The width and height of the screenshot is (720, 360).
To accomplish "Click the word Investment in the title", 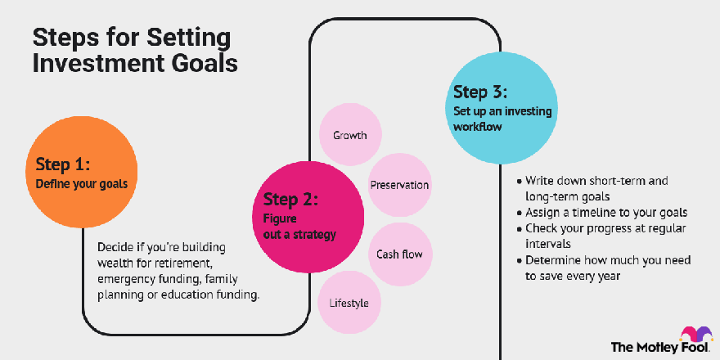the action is (96, 64).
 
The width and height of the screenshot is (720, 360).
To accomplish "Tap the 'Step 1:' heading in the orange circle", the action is (62, 164).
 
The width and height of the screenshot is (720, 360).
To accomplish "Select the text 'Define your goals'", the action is (81, 184).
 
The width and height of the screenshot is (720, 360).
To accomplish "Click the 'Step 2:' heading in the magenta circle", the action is (290, 200).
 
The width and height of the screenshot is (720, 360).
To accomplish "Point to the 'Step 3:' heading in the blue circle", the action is (480, 92).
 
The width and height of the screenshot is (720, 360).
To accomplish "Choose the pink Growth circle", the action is (350, 134).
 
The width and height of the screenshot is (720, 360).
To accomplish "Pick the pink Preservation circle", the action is (399, 185).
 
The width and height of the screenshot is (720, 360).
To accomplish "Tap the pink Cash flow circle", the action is (400, 254).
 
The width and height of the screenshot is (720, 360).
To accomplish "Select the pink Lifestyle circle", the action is (349, 303).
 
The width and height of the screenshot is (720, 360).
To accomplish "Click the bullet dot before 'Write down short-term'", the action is (520, 182).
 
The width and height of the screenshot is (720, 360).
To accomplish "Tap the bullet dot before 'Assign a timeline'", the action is (520, 213).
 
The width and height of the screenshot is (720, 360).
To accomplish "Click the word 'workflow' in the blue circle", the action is (478, 126).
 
